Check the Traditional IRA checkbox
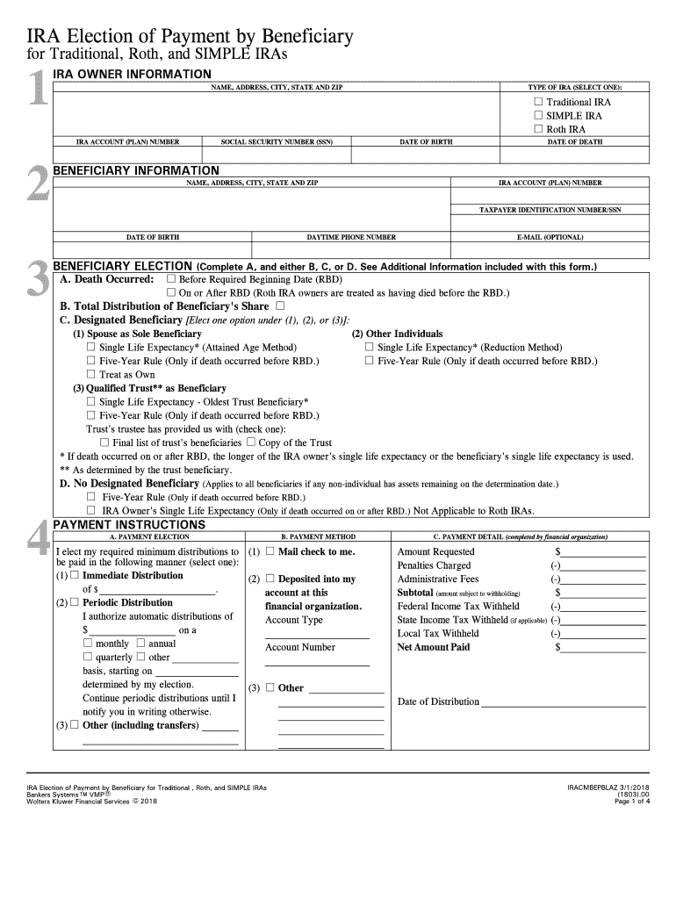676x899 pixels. point(539,102)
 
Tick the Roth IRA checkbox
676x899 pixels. point(539,129)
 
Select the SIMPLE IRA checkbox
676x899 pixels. point(539,116)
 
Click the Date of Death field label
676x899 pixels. point(575,141)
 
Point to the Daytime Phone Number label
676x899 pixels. point(351,237)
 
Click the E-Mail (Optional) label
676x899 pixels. point(550,237)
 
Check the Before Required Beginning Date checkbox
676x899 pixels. point(172,279)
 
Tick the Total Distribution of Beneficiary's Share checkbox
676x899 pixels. point(280,306)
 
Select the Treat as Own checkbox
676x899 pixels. point(90,374)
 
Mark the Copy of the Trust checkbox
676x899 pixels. point(251,442)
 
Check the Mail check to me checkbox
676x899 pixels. point(270,551)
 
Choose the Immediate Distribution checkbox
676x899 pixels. point(75,576)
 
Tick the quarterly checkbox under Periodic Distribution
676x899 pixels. point(88,657)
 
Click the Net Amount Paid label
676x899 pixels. point(434,647)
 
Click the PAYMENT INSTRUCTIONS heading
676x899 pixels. point(130,525)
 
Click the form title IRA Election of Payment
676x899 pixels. point(190,37)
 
